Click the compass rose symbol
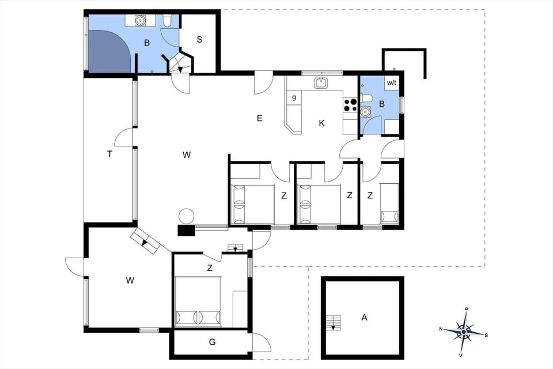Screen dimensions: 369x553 [x=464, y=332]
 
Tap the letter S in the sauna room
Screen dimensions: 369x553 [x=199, y=40]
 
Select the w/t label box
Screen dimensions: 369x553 [x=392, y=82]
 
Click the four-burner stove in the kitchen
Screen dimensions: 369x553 [x=350, y=104]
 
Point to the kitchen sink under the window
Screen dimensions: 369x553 [x=321, y=83]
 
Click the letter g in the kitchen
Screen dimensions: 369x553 [x=294, y=97]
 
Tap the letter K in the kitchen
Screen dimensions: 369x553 [x=321, y=123]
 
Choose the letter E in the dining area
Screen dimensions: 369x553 [x=259, y=118]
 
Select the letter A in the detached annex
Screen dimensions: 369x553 [x=363, y=317]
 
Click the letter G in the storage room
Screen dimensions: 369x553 [x=212, y=342]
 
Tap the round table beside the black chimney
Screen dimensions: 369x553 [x=186, y=216]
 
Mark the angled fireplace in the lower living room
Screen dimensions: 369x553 [x=146, y=241]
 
